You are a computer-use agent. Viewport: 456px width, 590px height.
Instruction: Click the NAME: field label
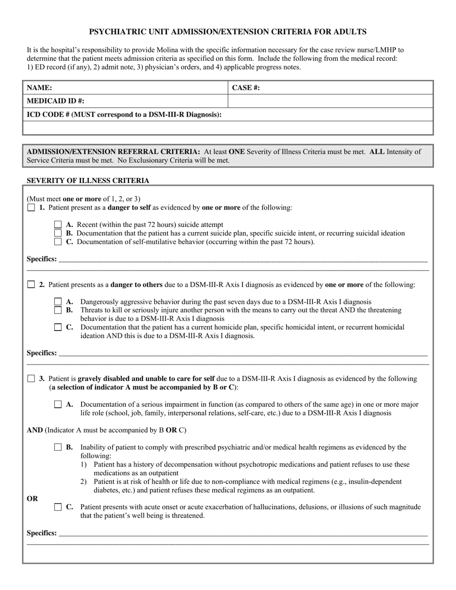39,88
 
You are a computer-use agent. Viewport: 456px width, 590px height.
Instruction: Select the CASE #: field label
246,88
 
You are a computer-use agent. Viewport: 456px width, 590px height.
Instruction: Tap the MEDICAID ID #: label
55,101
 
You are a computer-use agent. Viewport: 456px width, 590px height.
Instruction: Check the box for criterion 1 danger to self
31,208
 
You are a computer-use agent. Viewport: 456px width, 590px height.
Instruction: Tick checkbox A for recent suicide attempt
58,224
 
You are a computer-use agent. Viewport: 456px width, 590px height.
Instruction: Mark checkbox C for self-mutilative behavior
58,242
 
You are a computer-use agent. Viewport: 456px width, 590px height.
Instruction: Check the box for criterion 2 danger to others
31,284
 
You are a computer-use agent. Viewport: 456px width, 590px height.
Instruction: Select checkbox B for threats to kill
58,310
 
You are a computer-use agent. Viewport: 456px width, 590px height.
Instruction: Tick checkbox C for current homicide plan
58,328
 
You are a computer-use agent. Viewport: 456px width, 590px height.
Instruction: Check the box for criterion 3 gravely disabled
31,378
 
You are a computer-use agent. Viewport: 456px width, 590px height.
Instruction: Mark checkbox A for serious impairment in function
58,404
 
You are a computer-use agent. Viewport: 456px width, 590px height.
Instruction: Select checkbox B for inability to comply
58,448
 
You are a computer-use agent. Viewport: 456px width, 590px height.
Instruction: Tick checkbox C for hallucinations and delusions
58,507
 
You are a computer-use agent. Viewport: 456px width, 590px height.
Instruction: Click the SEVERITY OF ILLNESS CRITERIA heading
88,181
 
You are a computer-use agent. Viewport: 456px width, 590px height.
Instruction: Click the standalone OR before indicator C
32,498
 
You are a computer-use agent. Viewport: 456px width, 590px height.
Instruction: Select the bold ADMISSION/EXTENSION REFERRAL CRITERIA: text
113,152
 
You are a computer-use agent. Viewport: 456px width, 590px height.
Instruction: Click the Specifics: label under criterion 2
42,353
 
